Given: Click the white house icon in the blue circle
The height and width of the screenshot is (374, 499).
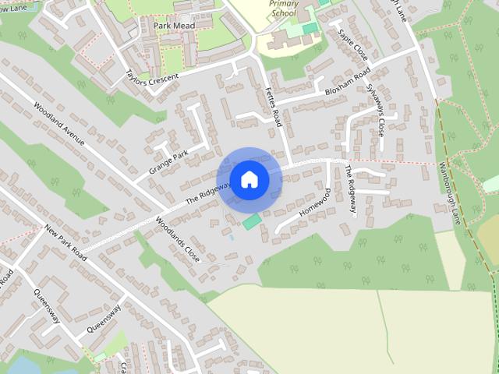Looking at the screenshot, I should pyautogui.click(x=249, y=179).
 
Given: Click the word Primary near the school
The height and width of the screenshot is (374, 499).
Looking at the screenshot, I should pyautogui.click(x=284, y=4).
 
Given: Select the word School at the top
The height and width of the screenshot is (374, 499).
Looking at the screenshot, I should pyautogui.click(x=284, y=14).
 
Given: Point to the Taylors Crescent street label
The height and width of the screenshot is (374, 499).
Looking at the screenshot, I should pyautogui.click(x=151, y=77).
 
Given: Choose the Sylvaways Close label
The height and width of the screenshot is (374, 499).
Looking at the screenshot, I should pyautogui.click(x=375, y=111).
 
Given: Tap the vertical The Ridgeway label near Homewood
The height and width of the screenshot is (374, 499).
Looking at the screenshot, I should pyautogui.click(x=351, y=192).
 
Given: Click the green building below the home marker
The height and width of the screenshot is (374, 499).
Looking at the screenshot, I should pyautogui.click(x=251, y=222).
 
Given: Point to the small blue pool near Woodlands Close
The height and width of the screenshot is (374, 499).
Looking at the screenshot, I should pyautogui.click(x=231, y=235).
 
